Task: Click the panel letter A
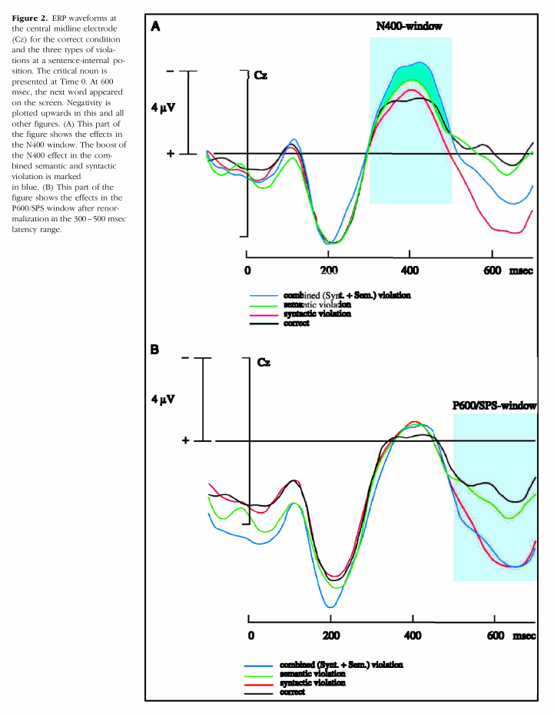155,26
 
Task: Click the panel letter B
155,350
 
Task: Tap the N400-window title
409,26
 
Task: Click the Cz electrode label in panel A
261,75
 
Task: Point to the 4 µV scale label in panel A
164,108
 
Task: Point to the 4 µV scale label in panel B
164,400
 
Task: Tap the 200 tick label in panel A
328,271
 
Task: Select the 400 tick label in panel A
410,271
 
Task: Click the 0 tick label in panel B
251,636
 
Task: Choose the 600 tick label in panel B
496,636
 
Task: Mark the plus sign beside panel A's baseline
171,154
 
